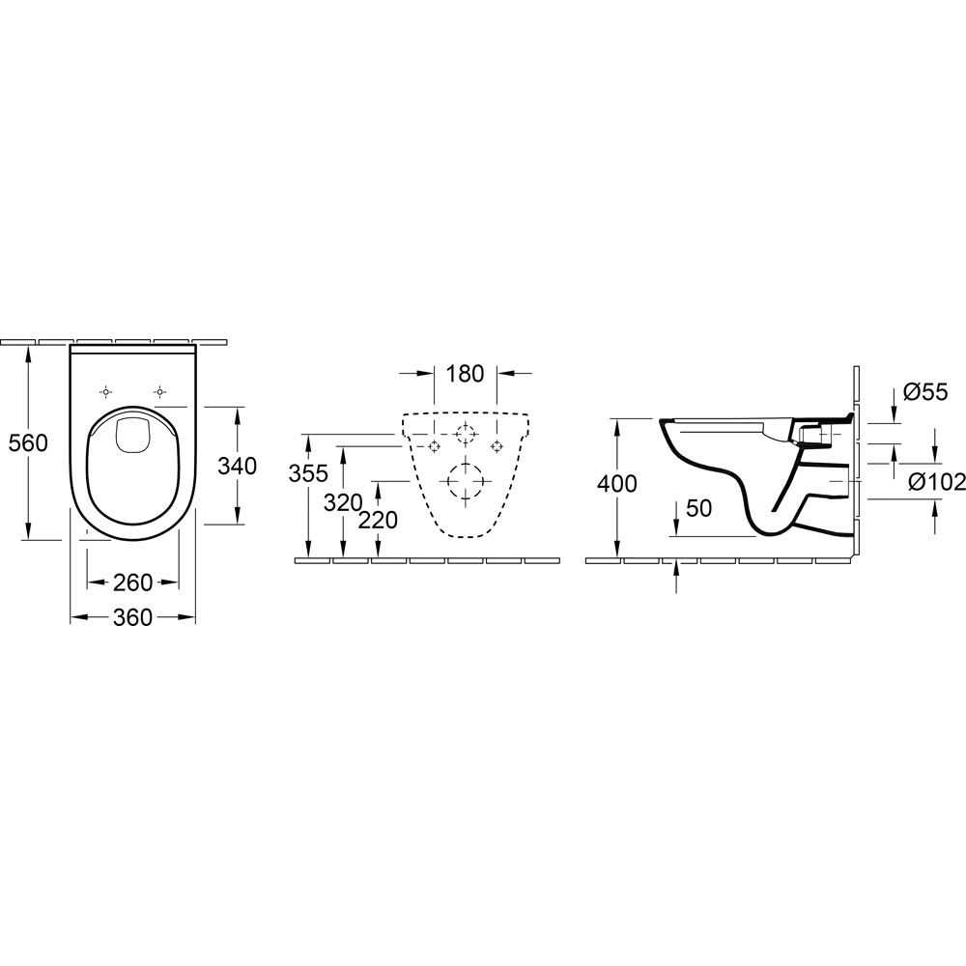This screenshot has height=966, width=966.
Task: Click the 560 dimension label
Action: (28, 442)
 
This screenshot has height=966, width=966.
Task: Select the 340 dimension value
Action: (238, 466)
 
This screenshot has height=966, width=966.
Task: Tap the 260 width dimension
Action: (133, 582)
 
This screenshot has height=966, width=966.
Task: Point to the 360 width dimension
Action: (132, 617)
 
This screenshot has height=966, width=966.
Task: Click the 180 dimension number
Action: (465, 373)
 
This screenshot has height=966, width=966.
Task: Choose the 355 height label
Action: (309, 473)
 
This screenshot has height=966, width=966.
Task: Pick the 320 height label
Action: (343, 503)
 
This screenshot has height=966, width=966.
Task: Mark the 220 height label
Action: (378, 521)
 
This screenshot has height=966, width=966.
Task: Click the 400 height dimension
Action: (616, 484)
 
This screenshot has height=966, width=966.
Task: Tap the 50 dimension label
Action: (698, 508)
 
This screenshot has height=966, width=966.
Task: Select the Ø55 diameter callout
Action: (925, 392)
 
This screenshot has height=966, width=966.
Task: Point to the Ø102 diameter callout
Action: (937, 484)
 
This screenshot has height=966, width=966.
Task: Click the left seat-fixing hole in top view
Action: (106, 392)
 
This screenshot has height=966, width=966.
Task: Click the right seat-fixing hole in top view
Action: (160, 392)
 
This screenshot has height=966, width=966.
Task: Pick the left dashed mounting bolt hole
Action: (435, 445)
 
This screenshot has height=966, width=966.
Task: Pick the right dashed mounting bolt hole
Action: (496, 445)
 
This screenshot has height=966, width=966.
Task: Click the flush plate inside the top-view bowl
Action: (130, 434)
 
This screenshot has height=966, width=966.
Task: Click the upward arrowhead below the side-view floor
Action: (676, 566)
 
